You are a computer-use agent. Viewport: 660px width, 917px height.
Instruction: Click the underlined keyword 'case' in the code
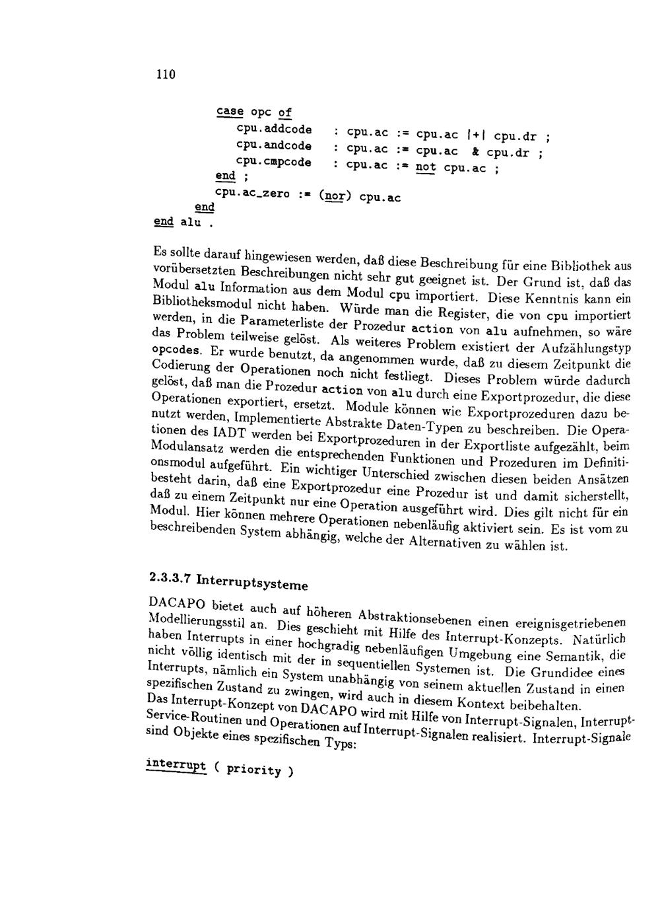[229, 112]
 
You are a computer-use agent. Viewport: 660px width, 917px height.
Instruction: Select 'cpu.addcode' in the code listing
[274, 129]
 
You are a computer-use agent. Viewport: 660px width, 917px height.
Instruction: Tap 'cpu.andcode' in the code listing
[274, 145]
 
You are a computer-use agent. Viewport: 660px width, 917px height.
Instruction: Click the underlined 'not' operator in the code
[426, 168]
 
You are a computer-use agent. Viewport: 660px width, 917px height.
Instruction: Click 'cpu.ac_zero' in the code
[253, 193]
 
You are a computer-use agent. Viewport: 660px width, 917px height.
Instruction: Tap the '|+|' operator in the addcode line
[477, 136]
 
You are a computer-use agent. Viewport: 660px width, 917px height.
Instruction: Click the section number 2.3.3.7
[170, 577]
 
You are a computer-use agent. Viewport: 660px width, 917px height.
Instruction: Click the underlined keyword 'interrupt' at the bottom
[175, 765]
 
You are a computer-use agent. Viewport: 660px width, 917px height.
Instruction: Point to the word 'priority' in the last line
[254, 770]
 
